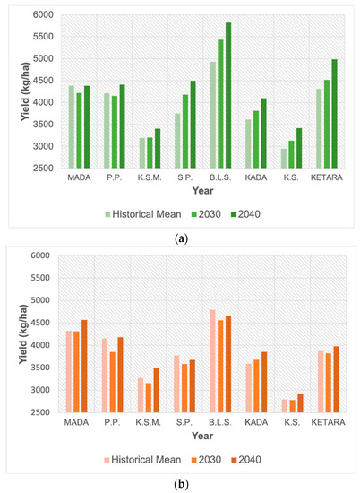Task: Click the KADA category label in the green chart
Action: pyautogui.click(x=254, y=177)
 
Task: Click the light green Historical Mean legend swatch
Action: pyautogui.click(x=111, y=213)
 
